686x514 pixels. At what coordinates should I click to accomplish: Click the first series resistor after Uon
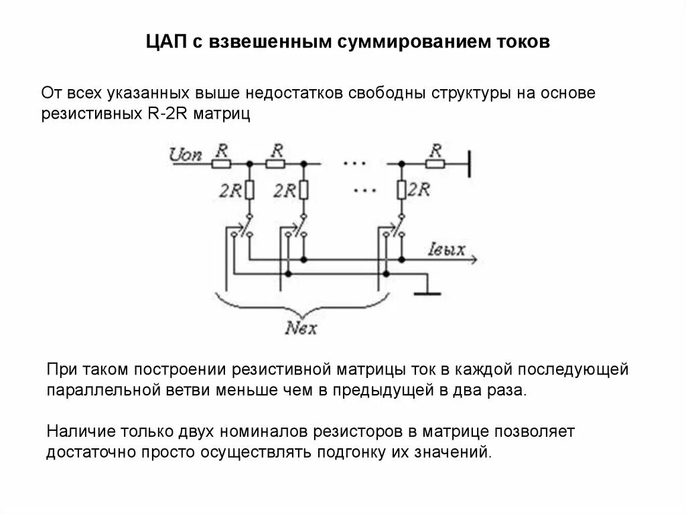[222, 163]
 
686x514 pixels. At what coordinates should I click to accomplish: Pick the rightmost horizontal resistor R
[437, 163]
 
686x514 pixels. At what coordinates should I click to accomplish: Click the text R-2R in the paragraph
[169, 114]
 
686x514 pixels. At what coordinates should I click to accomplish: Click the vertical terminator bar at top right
[469, 163]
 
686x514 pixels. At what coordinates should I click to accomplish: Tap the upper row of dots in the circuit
[353, 163]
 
